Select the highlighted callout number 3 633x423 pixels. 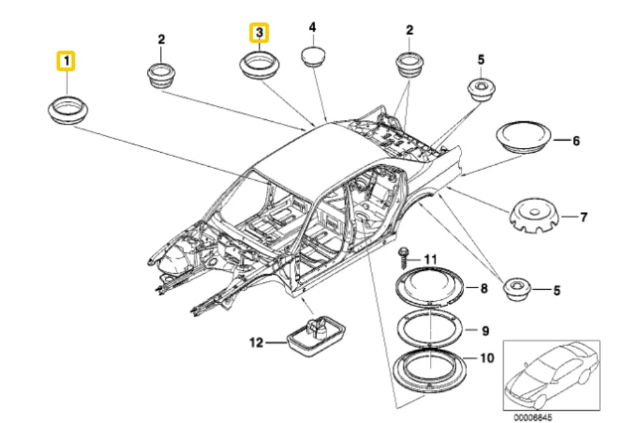click(260, 32)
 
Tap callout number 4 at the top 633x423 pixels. click(312, 27)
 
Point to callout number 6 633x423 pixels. click(575, 141)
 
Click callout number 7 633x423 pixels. click(582, 218)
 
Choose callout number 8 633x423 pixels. click(484, 289)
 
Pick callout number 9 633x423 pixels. click(486, 330)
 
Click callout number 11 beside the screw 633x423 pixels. click(430, 259)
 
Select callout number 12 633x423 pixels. click(255, 342)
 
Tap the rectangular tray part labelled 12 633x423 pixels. click(314, 333)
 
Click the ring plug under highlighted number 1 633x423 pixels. click(68, 110)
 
